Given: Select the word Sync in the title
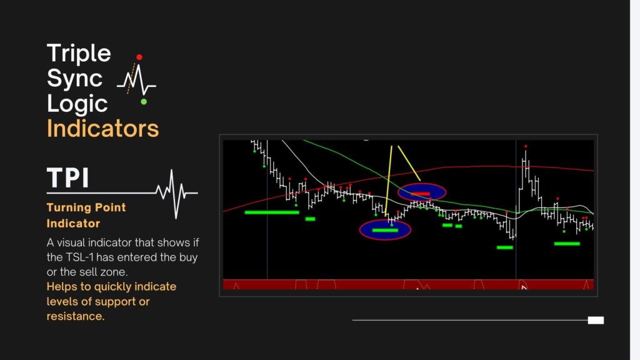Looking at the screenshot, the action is point(75,78).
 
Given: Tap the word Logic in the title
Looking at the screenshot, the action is point(77,104).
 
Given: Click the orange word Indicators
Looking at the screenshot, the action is point(102,129).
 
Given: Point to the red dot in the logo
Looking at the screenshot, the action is point(139,57).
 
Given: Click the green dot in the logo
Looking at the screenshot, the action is point(144,102).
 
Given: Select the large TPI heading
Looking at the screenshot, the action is point(67,178).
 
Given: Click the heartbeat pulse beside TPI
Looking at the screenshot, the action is point(176,192).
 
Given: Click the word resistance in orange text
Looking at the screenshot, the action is point(75,316).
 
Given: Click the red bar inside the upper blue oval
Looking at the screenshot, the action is point(421,194).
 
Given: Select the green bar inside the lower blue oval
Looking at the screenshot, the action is point(385,231).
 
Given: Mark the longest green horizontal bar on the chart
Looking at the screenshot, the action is point(272,212).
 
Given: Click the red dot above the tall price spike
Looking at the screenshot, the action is point(526,146).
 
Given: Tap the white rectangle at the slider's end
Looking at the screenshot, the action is point(596,321).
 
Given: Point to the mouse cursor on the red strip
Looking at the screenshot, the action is point(524,287).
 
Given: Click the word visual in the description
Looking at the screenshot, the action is point(71,242).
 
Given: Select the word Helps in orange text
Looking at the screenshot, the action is point(62,287).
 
